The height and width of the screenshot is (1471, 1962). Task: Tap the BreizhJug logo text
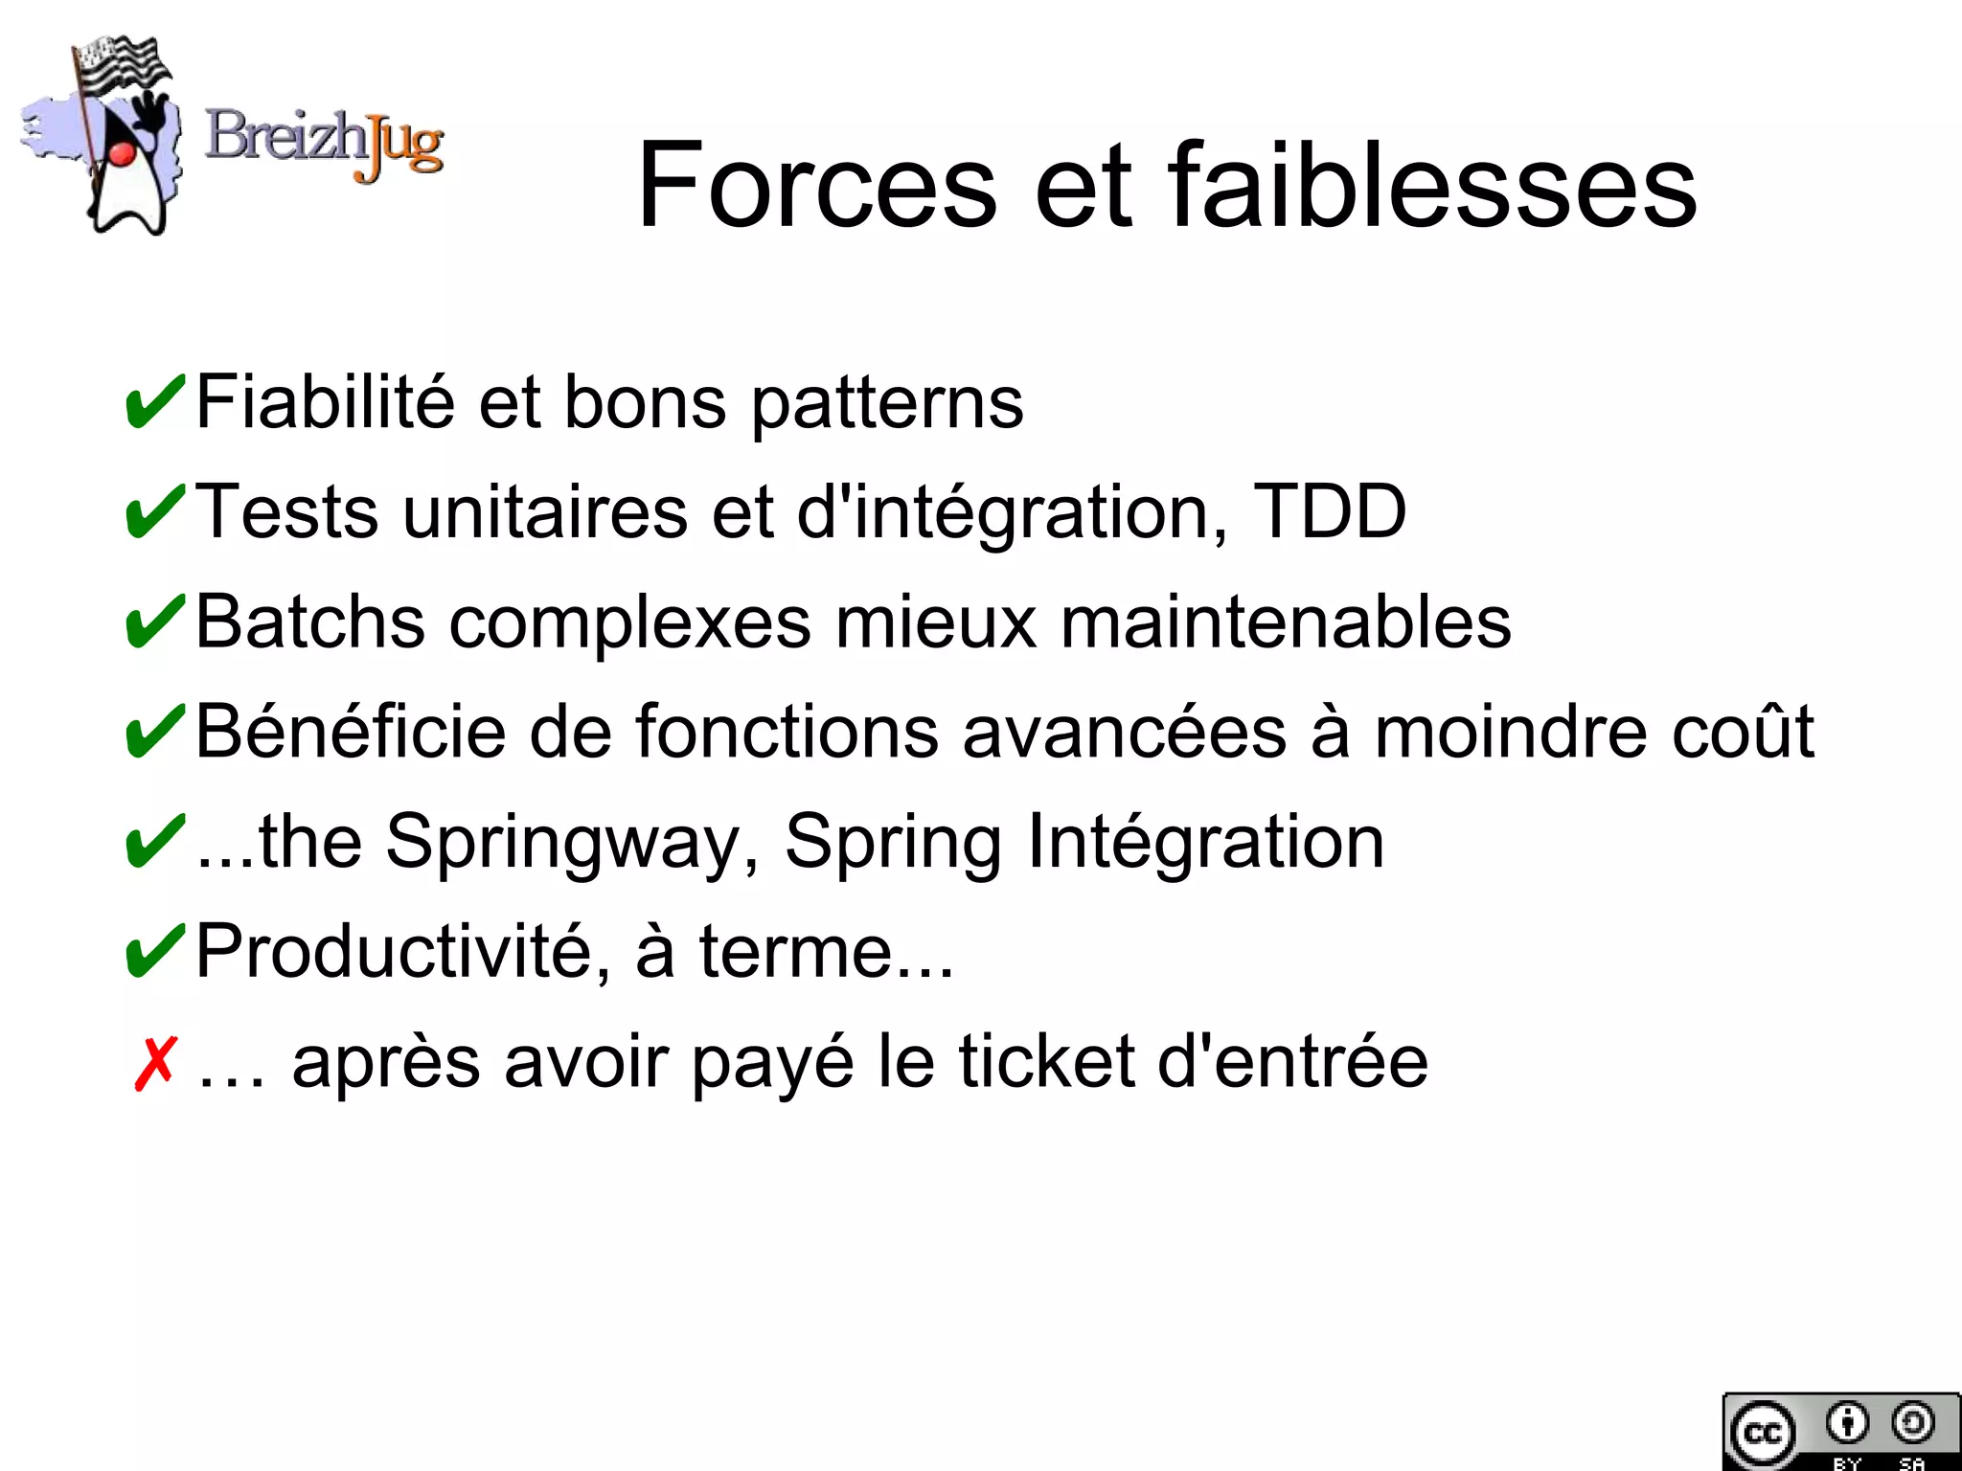(x=324, y=142)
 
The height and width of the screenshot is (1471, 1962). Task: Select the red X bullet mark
(x=154, y=1063)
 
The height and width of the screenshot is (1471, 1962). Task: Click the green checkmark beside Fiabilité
(x=154, y=402)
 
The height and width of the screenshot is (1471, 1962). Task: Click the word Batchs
(x=309, y=622)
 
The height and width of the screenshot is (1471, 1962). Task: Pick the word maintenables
(x=1286, y=622)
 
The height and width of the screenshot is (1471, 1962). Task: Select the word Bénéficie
(x=350, y=732)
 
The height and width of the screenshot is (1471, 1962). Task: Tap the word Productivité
(x=403, y=952)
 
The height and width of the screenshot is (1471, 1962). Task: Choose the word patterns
(x=886, y=402)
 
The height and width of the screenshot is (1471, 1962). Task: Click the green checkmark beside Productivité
(x=154, y=952)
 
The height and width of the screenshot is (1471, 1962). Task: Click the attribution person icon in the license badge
(x=1846, y=1423)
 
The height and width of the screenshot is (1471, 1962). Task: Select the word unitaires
(x=544, y=511)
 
